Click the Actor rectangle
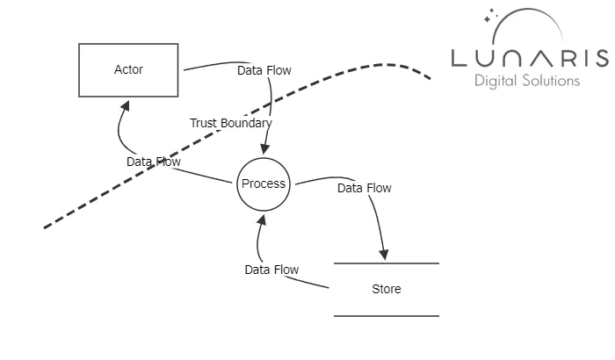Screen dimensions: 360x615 tap(129, 70)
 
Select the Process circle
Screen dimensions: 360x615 tap(263, 184)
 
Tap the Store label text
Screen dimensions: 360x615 tap(386, 289)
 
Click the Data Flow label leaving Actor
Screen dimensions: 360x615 tap(264, 70)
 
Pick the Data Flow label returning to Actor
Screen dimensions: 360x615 tap(154, 162)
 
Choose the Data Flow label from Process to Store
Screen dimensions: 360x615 tap(365, 188)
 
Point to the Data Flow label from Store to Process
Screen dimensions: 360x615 tap(271, 270)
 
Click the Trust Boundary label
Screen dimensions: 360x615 tap(230, 123)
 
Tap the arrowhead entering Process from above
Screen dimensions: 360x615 tap(264, 150)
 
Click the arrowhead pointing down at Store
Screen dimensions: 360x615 tap(385, 255)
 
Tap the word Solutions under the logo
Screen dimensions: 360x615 tap(552, 81)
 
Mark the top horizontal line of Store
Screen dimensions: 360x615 tap(386, 263)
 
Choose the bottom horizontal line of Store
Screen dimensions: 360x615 tap(386, 315)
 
